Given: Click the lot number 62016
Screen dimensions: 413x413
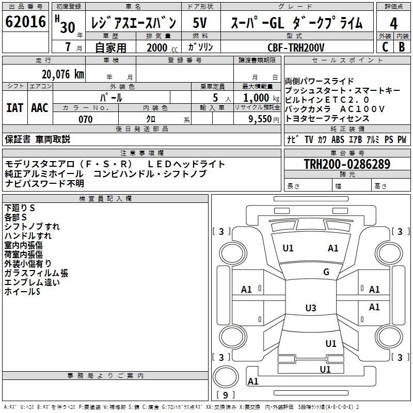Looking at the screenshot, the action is click(x=25, y=23).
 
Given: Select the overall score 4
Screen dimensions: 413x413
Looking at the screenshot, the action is click(x=393, y=24).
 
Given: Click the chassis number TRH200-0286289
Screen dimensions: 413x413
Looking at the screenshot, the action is click(x=346, y=165).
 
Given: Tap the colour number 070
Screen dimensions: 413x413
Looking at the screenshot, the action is click(x=85, y=119).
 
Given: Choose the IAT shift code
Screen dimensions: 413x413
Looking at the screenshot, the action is click(x=14, y=108).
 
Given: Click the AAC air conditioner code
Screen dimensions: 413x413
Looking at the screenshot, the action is click(x=40, y=108).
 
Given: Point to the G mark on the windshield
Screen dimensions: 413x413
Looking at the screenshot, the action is click(x=326, y=272).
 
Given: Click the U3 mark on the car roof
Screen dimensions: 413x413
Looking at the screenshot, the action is click(x=310, y=308).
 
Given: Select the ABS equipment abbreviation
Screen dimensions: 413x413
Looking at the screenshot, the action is click(x=338, y=139).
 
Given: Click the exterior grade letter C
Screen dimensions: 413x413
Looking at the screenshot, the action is click(x=385, y=47).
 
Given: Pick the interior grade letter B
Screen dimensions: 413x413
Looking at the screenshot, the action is click(x=402, y=47).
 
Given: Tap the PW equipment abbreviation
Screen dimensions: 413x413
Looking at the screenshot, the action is click(x=402, y=139).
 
